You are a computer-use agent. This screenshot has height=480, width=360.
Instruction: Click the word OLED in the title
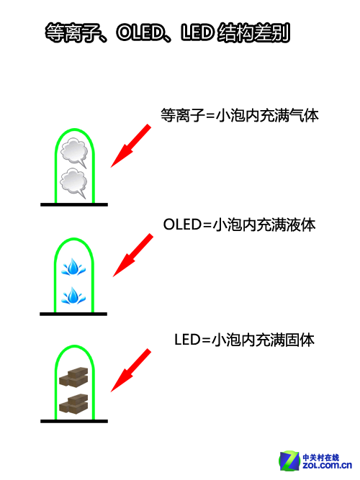click(140, 32)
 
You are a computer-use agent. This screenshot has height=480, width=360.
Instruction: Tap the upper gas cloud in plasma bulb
click(74, 152)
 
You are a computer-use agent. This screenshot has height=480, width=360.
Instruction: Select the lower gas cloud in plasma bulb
click(74, 183)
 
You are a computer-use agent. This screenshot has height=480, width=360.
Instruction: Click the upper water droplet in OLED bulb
click(73, 267)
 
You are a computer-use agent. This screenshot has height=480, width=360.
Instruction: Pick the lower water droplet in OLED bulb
click(73, 295)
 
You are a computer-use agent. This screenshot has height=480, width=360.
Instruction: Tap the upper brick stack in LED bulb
click(73, 377)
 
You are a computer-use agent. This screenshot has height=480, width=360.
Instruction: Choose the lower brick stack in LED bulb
click(73, 404)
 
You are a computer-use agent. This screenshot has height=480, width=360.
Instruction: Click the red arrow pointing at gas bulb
click(131, 145)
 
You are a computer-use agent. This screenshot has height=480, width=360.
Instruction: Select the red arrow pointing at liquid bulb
click(133, 255)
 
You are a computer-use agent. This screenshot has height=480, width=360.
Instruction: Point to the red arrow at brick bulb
click(131, 370)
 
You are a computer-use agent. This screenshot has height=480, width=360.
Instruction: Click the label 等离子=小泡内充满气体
click(240, 115)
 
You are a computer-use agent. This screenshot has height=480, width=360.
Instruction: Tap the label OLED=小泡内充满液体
click(239, 225)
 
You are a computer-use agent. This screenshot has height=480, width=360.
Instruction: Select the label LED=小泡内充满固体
click(245, 340)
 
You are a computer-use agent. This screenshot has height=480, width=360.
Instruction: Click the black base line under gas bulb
click(74, 204)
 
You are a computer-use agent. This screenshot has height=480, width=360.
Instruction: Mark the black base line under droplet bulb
click(73, 314)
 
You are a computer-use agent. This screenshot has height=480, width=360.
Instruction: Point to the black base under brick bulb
click(74, 421)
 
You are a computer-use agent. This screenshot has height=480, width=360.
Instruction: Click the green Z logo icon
click(289, 461)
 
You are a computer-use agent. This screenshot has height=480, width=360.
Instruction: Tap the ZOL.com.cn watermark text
click(327, 466)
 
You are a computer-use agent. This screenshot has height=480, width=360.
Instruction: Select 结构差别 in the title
click(253, 32)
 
